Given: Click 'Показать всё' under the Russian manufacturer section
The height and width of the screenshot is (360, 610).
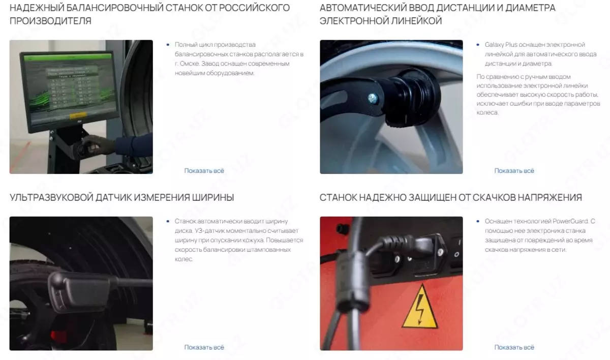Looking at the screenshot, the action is click(x=204, y=171).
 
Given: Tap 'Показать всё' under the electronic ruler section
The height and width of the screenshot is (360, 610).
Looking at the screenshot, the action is click(x=514, y=171).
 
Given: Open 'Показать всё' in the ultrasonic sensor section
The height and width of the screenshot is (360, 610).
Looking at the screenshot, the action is click(x=204, y=347).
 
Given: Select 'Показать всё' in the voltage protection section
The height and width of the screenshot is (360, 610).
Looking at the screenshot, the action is click(x=514, y=347).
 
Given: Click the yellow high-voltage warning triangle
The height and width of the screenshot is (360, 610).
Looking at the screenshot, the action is click(x=420, y=309).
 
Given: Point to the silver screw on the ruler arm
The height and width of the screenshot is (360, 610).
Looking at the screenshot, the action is click(x=373, y=98).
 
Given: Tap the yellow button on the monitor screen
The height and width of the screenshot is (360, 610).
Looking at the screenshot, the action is click(x=78, y=116).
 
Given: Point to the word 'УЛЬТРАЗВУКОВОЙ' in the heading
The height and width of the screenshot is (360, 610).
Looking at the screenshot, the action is click(x=51, y=197).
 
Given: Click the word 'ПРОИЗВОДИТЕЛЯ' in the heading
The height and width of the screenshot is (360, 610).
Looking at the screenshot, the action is click(x=51, y=21).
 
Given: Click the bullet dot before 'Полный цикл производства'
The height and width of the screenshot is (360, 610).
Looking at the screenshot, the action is click(x=168, y=45).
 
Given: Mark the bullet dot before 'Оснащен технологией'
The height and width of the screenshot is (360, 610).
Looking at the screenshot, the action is click(x=478, y=221).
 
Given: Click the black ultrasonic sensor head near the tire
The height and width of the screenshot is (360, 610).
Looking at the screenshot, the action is click(x=79, y=291).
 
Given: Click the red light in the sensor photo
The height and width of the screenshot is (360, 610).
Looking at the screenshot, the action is click(x=58, y=335).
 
